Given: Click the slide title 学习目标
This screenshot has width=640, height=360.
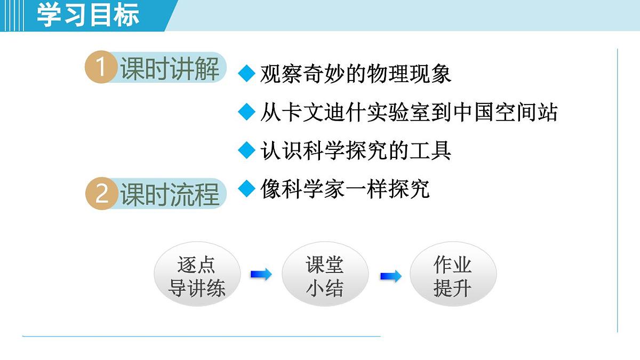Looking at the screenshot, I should tap(88, 15).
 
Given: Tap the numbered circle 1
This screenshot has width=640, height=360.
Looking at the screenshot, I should tap(101, 69).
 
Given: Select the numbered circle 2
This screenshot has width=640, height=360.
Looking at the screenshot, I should tap(101, 194).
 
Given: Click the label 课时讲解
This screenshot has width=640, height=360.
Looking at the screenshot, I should tap(170, 69).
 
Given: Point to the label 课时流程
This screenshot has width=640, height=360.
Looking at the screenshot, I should tap(170, 194).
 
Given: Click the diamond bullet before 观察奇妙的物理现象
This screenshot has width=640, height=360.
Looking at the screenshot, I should tap(247, 74).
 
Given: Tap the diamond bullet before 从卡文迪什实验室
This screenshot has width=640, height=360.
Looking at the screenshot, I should tap(247, 112).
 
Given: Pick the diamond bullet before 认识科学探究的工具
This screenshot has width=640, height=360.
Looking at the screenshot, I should tap(247, 150).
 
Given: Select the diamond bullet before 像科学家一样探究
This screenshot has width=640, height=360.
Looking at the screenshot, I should tap(247, 188).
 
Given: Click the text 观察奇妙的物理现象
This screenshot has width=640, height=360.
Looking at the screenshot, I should tap(356, 74).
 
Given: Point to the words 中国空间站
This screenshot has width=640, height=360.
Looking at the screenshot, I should tap(505, 113).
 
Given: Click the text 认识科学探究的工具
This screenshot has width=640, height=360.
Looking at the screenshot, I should tap(356, 151).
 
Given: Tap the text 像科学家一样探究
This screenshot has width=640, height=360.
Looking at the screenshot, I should tap(345, 189).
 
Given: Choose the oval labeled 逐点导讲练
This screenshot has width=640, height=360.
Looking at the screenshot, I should tap(197, 276).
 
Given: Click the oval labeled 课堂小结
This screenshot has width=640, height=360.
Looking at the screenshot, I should tap(324, 276).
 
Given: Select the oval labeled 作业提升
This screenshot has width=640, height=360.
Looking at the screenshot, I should tap(452, 276).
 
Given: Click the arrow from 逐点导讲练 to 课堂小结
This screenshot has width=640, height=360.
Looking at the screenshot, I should tap(261, 275).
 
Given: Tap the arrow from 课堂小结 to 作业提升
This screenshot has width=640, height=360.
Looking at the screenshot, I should tap(390, 276).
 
